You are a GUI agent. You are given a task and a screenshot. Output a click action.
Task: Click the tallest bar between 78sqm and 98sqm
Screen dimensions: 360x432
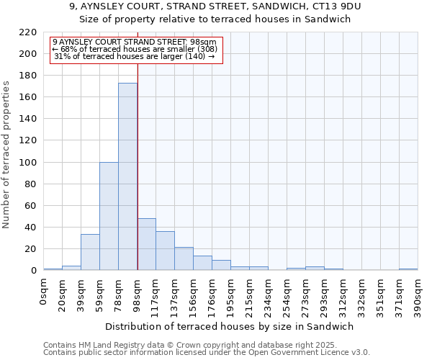tap(127, 176)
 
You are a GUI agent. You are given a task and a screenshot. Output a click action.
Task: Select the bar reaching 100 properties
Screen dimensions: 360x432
tap(109, 216)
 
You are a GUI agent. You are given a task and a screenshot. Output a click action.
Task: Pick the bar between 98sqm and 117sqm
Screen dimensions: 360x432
tap(146, 244)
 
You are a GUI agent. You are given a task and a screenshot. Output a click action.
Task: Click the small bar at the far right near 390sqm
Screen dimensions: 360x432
tap(408, 269)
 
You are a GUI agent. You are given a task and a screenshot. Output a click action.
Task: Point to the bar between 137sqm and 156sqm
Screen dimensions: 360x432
tap(184, 258)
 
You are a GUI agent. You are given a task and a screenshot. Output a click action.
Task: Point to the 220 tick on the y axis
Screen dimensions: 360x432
tap(29, 32)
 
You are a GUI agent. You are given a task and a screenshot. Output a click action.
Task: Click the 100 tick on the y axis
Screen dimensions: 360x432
tap(29, 163)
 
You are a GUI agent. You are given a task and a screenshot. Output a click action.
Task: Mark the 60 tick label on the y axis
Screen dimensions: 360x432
tap(32, 206)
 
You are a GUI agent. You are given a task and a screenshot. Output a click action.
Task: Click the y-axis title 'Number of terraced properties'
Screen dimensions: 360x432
tap(7, 155)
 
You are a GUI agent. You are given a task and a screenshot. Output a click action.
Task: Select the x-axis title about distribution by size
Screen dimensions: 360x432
tap(235, 326)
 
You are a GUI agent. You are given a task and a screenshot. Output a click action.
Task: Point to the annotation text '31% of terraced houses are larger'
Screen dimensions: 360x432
tap(134, 56)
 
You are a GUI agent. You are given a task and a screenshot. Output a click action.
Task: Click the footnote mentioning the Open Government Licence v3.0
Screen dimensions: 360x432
tap(207, 353)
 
